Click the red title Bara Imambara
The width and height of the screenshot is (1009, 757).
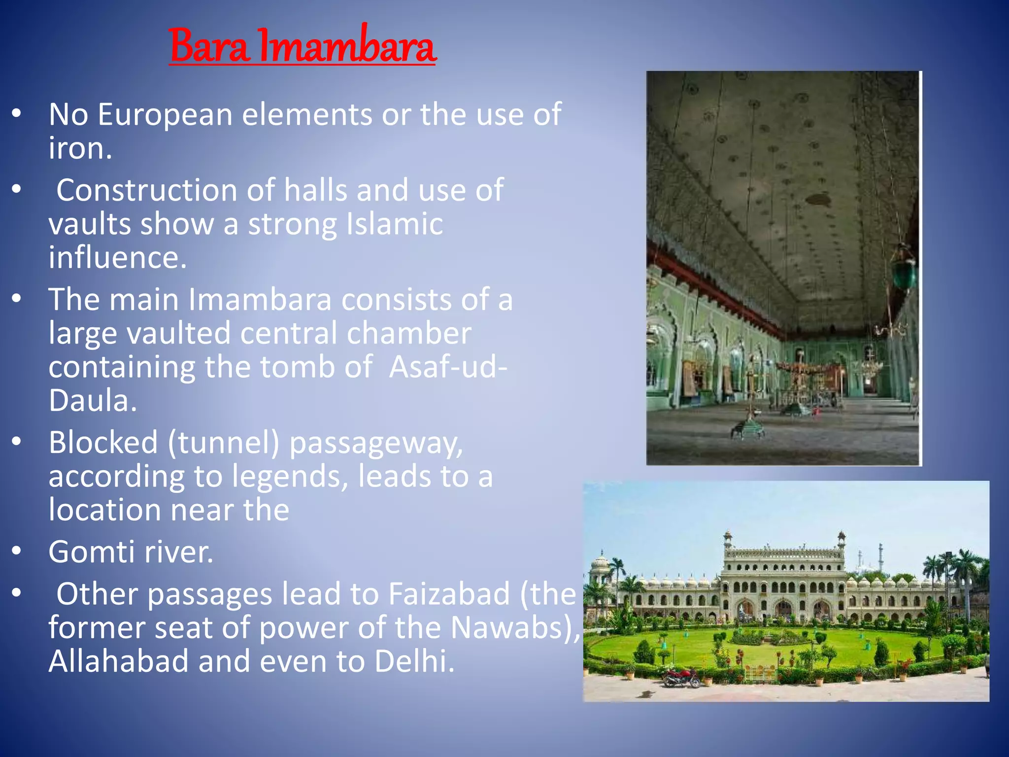[x=303, y=46]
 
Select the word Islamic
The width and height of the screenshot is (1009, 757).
[x=395, y=224]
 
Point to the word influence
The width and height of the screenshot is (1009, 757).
[x=117, y=258]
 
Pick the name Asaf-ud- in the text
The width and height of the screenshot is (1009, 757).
[x=448, y=367]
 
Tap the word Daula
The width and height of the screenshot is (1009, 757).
[x=92, y=401]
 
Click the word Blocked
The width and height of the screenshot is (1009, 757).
[x=103, y=442]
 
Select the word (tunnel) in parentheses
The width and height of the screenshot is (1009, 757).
[x=224, y=442]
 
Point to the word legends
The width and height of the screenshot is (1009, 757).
[x=290, y=477]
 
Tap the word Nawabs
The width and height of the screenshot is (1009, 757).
[x=510, y=627]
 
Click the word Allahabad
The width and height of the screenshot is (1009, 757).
[x=119, y=661]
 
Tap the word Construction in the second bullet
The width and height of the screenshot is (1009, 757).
[x=147, y=190]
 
